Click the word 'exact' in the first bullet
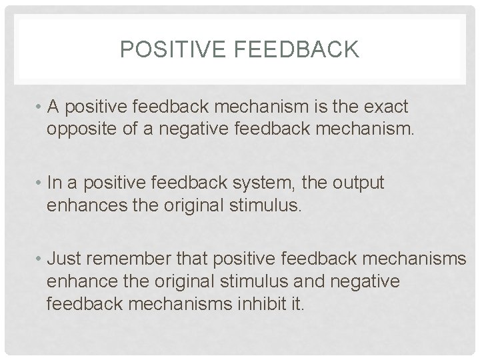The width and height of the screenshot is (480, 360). click(x=391, y=107)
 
